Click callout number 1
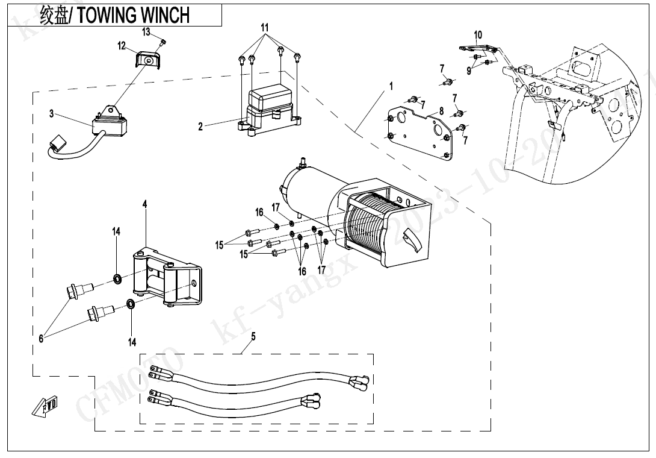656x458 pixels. click(x=391, y=86)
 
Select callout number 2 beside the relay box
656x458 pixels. click(x=201, y=127)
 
